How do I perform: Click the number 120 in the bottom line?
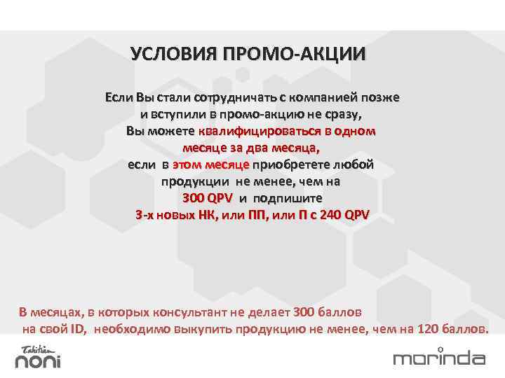(429, 328)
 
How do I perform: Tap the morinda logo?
(439, 358)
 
